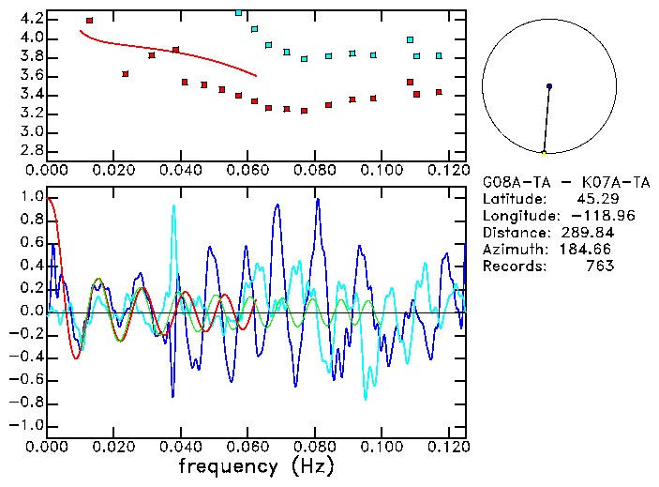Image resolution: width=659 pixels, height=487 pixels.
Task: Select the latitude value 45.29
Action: [594, 199]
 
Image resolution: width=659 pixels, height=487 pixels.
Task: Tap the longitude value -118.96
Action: [587, 216]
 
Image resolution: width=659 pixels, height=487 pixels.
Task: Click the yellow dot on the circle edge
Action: [544, 153]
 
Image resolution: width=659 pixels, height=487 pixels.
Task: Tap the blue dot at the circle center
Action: [549, 86]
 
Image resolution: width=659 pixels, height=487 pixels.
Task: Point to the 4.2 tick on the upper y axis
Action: [32, 19]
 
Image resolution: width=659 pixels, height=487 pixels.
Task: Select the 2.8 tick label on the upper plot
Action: [32, 150]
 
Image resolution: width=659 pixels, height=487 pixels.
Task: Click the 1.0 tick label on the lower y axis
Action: [32, 198]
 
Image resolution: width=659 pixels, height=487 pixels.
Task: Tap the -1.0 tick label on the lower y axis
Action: [28, 425]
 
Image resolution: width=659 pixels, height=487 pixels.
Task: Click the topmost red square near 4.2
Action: [89, 20]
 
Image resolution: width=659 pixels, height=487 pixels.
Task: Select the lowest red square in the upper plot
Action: [304, 111]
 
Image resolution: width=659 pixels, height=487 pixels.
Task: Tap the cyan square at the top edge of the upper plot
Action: [239, 12]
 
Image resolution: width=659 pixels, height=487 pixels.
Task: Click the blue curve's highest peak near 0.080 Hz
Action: [317, 199]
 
